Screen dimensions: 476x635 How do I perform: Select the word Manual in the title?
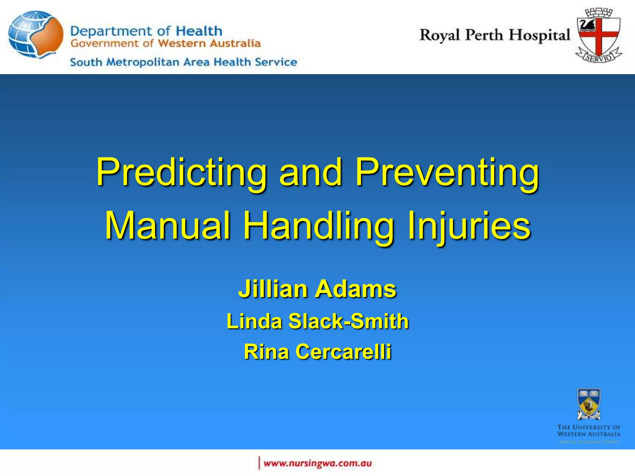tap(168, 226)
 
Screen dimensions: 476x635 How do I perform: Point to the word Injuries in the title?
tap(469, 226)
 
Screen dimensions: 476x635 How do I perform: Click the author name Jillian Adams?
tap(317, 289)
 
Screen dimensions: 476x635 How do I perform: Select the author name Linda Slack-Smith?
tap(317, 321)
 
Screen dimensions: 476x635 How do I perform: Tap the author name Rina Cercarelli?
tap(317, 352)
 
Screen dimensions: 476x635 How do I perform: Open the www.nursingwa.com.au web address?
tap(317, 463)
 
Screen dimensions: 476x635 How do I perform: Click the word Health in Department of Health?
tap(199, 31)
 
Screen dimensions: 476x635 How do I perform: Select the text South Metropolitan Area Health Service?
tap(184, 62)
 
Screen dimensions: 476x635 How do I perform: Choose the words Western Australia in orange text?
tap(209, 43)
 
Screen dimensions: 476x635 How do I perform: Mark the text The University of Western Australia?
tap(588, 431)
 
